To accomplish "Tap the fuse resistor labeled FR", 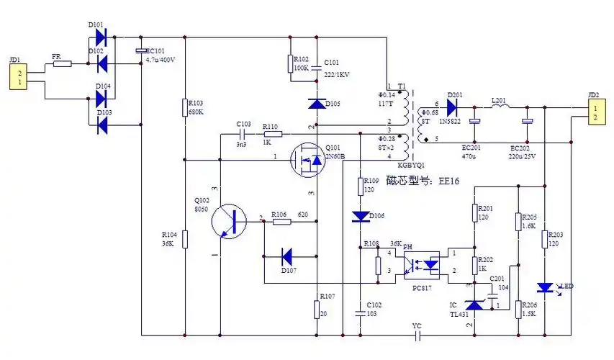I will point(63,64).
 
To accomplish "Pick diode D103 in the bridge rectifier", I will point(101,125).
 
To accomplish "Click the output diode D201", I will point(452,107).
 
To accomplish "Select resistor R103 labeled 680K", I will point(185,108).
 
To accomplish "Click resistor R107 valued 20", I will point(316,309).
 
